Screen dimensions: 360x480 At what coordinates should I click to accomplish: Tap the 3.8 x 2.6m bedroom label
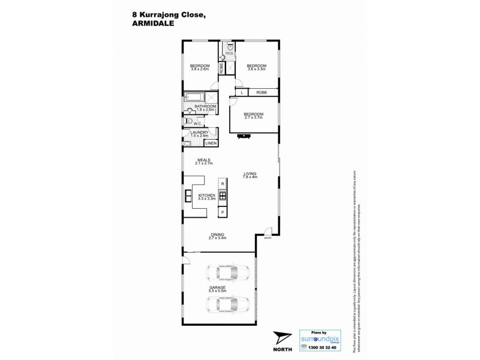(200, 67)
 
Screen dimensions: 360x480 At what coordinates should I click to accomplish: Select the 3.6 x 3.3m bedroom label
(256, 67)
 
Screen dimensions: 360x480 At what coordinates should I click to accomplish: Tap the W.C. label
(197, 124)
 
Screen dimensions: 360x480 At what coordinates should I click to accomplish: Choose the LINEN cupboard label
(211, 143)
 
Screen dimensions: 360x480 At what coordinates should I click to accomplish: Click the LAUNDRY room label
(199, 134)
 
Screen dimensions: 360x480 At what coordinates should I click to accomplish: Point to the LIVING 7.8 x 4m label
(250, 175)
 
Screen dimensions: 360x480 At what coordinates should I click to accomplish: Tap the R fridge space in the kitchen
(222, 183)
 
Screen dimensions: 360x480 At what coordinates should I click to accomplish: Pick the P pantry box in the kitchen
(222, 212)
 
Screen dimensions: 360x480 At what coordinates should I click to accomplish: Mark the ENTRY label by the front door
(268, 238)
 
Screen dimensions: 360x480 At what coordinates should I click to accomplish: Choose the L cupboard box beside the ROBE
(241, 92)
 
